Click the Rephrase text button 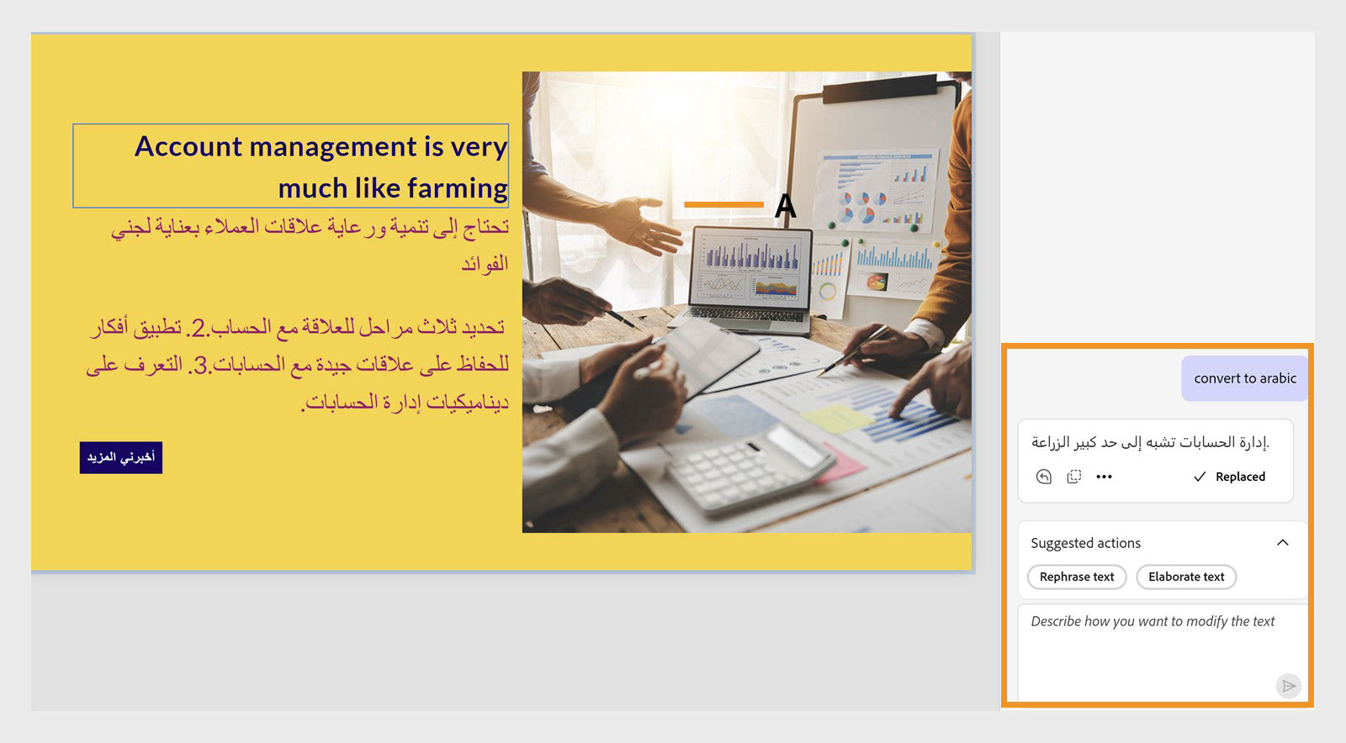[x=1076, y=577]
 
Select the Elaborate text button [x=1185, y=577]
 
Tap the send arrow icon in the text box [x=1288, y=686]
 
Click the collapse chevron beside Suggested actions [x=1282, y=543]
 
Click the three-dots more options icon [x=1104, y=477]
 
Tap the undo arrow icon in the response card [x=1043, y=477]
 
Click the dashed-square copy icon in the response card [x=1073, y=477]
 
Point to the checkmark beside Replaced [x=1200, y=477]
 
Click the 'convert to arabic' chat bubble [x=1244, y=378]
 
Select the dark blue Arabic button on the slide [x=121, y=457]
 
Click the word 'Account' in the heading [x=188, y=146]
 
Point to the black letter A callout [x=785, y=205]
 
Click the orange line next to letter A [x=723, y=204]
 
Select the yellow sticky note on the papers [x=837, y=418]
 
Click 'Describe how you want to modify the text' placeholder [x=1153, y=621]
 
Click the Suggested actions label [x=1085, y=543]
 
